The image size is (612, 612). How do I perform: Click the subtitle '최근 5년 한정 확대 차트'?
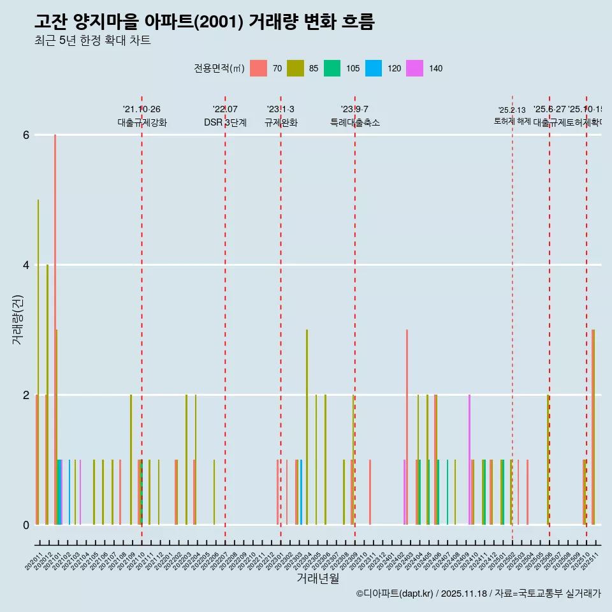click(x=92, y=41)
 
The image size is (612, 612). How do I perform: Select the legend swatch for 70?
click(x=258, y=68)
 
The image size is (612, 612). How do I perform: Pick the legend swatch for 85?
click(x=295, y=68)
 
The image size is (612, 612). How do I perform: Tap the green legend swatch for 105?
click(x=332, y=68)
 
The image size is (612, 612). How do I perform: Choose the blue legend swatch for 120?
click(x=374, y=68)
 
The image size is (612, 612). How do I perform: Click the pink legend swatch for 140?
click(x=415, y=68)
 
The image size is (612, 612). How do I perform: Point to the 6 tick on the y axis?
click(x=26, y=135)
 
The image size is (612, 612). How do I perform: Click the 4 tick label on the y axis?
click(x=26, y=265)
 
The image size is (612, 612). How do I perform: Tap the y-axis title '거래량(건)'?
click(x=18, y=319)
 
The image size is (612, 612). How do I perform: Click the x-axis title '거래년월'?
click(x=317, y=578)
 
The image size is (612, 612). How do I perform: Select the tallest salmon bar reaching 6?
click(x=55, y=329)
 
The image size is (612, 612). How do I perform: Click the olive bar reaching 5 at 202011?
click(x=38, y=361)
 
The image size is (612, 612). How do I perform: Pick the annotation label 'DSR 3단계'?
click(x=225, y=122)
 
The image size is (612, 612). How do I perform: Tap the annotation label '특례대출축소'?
click(x=354, y=122)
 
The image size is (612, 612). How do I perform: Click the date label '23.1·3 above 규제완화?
click(x=280, y=110)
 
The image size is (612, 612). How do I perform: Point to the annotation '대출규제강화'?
click(x=142, y=122)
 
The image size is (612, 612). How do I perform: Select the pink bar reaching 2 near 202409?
click(x=469, y=459)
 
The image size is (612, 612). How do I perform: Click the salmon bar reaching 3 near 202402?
click(x=407, y=427)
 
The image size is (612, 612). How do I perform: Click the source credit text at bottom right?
click(x=478, y=594)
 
